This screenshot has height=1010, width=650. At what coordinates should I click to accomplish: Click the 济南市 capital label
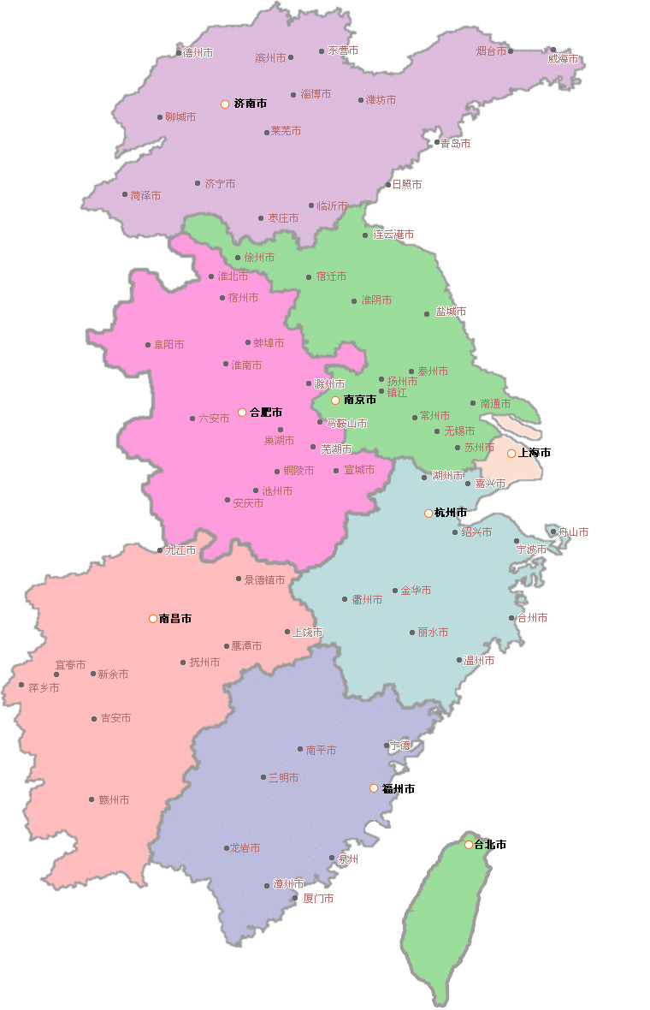click(250, 104)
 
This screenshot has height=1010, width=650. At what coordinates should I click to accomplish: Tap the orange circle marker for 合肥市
click(242, 413)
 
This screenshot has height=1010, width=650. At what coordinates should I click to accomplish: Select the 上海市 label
click(535, 453)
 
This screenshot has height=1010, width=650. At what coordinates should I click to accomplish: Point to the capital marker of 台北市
click(469, 845)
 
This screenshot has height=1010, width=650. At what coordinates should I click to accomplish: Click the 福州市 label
click(398, 788)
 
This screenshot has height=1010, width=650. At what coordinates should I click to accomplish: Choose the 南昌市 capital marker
click(153, 618)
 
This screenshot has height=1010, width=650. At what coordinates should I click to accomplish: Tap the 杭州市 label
click(451, 513)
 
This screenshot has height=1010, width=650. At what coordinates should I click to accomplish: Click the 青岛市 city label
click(455, 143)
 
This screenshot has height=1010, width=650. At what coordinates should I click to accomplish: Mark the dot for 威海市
click(553, 50)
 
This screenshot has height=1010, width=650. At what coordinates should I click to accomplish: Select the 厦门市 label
click(317, 899)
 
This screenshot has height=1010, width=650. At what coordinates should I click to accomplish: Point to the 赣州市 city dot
click(91, 799)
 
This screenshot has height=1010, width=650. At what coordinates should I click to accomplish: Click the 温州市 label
click(479, 661)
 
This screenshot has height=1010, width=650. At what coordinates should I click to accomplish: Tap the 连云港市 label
click(393, 235)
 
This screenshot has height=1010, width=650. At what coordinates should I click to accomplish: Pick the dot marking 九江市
click(160, 550)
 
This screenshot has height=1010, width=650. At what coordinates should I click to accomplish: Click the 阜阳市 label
click(168, 345)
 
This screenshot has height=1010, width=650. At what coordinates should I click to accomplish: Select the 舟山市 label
click(573, 532)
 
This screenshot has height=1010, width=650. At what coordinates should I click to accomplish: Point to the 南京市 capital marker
click(336, 400)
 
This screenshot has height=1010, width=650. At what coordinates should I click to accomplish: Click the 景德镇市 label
click(264, 579)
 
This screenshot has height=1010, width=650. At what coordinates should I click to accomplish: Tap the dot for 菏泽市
click(125, 195)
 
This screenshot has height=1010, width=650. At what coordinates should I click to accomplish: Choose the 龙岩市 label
click(245, 848)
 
